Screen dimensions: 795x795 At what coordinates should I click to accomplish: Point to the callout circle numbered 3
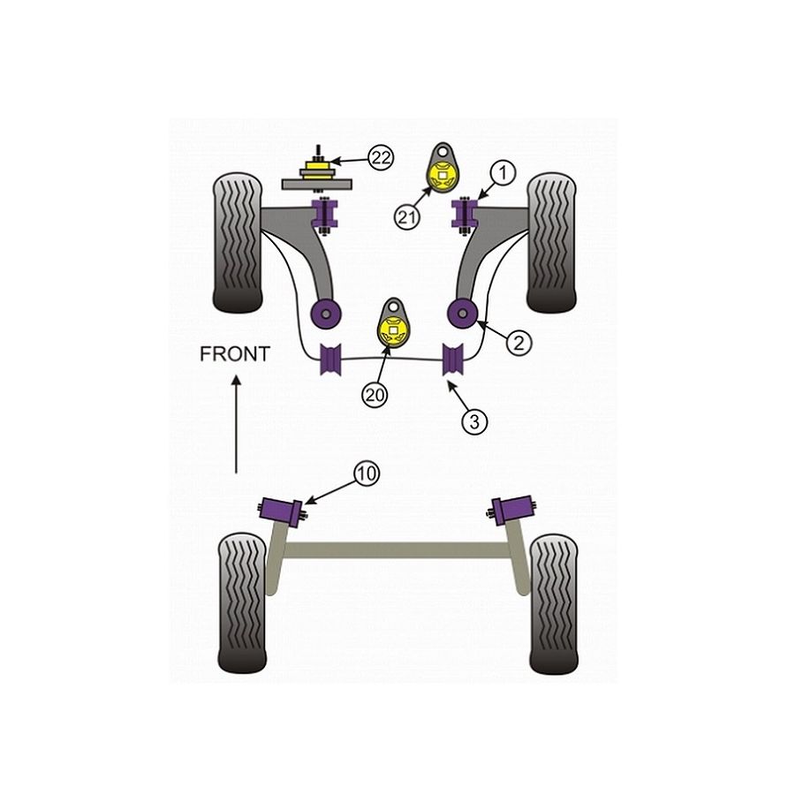point(475,420)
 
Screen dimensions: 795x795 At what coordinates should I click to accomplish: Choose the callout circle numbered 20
point(375,396)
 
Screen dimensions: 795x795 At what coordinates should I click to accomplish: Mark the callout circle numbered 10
point(367,474)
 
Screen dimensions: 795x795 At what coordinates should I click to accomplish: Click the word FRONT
point(234,354)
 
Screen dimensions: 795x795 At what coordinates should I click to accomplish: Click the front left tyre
point(238,242)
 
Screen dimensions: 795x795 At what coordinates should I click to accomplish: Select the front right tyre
point(552,242)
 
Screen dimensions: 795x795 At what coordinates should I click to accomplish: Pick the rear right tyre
point(553,602)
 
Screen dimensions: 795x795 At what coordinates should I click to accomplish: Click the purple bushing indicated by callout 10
point(281,511)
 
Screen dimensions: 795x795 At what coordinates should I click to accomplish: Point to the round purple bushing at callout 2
point(462,310)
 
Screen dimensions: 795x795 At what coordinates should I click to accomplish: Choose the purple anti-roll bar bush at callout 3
point(453,357)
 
